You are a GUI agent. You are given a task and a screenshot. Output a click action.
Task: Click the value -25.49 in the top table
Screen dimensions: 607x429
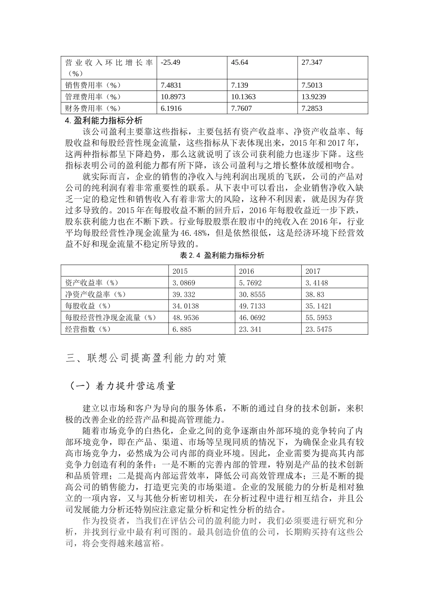[x=170, y=62]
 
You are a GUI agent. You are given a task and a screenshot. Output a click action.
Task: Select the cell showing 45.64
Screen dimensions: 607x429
[x=239, y=62]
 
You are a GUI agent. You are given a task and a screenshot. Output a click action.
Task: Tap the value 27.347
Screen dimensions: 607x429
[x=312, y=62]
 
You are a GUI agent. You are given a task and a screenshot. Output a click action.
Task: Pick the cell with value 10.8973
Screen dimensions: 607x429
[x=173, y=97]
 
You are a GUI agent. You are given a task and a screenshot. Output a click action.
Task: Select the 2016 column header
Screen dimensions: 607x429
[x=246, y=271]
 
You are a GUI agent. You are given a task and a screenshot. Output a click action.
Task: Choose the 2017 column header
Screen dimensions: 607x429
[x=312, y=271]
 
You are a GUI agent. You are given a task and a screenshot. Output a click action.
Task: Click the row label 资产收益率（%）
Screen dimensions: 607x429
[x=92, y=283]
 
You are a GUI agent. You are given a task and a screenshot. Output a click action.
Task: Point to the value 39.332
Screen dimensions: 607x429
[x=183, y=294]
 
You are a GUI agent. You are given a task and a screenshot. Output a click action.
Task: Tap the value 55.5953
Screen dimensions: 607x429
[x=318, y=318]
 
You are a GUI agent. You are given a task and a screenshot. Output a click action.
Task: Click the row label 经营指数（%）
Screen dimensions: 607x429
[x=88, y=329]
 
